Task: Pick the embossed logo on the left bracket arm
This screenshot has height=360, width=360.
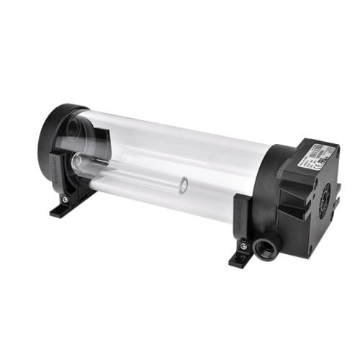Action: tap(58, 168)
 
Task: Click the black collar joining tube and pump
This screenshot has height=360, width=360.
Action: tap(268, 187)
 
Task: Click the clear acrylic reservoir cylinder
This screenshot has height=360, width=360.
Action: tap(173, 162)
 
